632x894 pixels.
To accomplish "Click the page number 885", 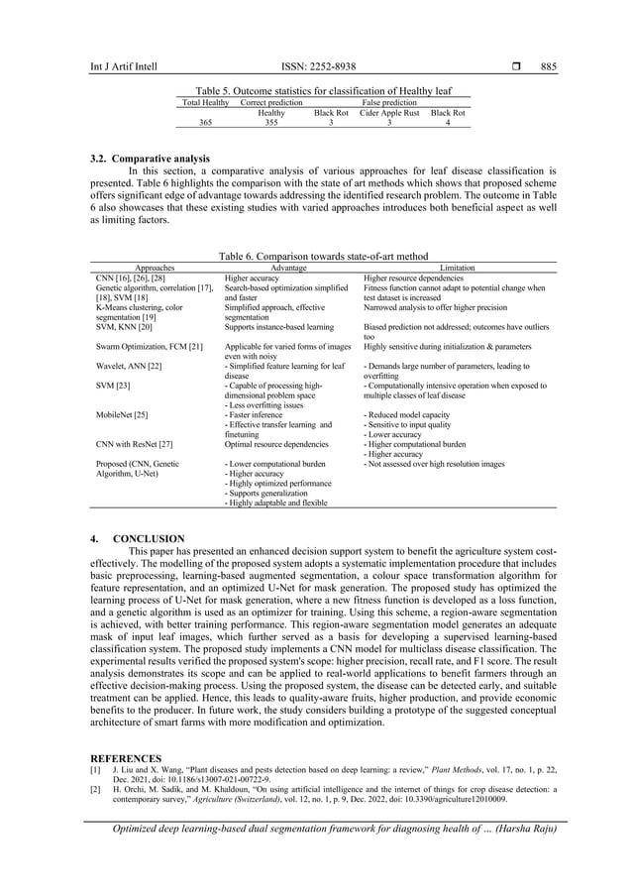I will coord(548,67).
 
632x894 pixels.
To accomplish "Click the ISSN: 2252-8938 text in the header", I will coord(317,67).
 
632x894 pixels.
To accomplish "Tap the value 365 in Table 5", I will coord(206,124).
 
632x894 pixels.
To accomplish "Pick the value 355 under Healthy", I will coord(270,124).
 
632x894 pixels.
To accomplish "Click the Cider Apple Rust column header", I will coord(389,114).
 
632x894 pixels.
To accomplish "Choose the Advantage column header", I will coord(288,267).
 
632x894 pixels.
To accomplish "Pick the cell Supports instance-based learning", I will coord(278,325).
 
